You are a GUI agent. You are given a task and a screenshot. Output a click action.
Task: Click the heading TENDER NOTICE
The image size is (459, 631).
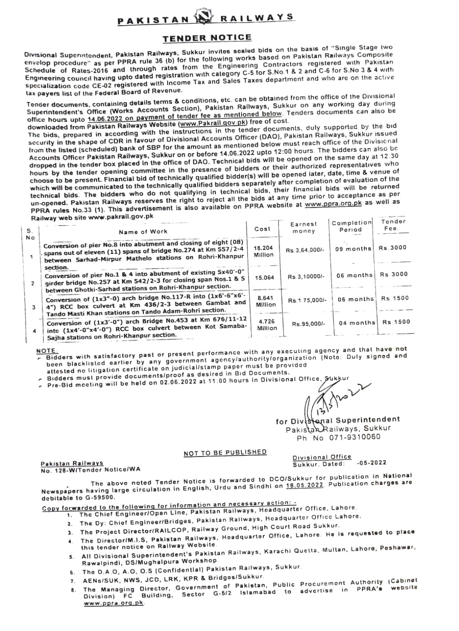(x=207, y=37)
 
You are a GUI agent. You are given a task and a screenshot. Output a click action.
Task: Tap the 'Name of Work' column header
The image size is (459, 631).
(x=142, y=231)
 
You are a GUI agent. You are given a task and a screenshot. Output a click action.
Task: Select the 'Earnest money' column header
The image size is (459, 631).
(x=304, y=227)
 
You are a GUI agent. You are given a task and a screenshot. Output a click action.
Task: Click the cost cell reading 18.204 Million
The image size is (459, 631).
(x=263, y=251)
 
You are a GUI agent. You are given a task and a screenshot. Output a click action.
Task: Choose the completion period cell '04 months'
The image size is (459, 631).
(x=357, y=323)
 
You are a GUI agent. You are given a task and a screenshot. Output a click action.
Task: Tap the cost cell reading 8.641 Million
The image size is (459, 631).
(x=266, y=301)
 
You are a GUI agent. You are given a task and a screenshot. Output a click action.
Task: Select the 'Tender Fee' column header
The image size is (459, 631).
(x=393, y=225)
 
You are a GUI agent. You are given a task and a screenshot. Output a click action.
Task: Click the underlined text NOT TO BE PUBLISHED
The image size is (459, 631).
(x=225, y=453)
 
